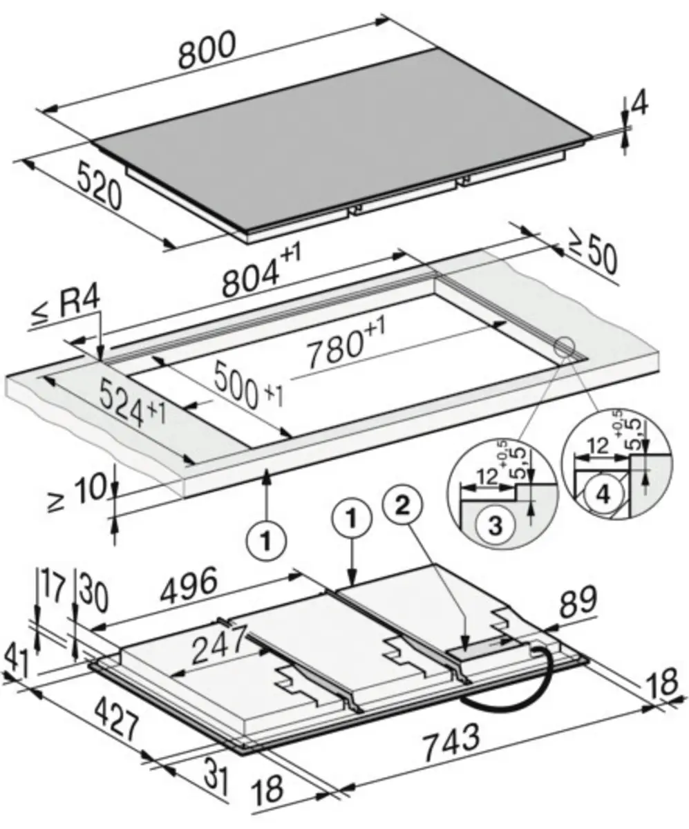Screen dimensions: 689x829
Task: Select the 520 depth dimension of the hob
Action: tap(99, 185)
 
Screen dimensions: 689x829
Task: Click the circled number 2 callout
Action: tap(402, 506)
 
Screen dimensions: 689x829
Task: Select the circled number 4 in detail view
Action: tap(603, 495)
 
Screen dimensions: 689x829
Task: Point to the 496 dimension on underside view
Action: tap(189, 584)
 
